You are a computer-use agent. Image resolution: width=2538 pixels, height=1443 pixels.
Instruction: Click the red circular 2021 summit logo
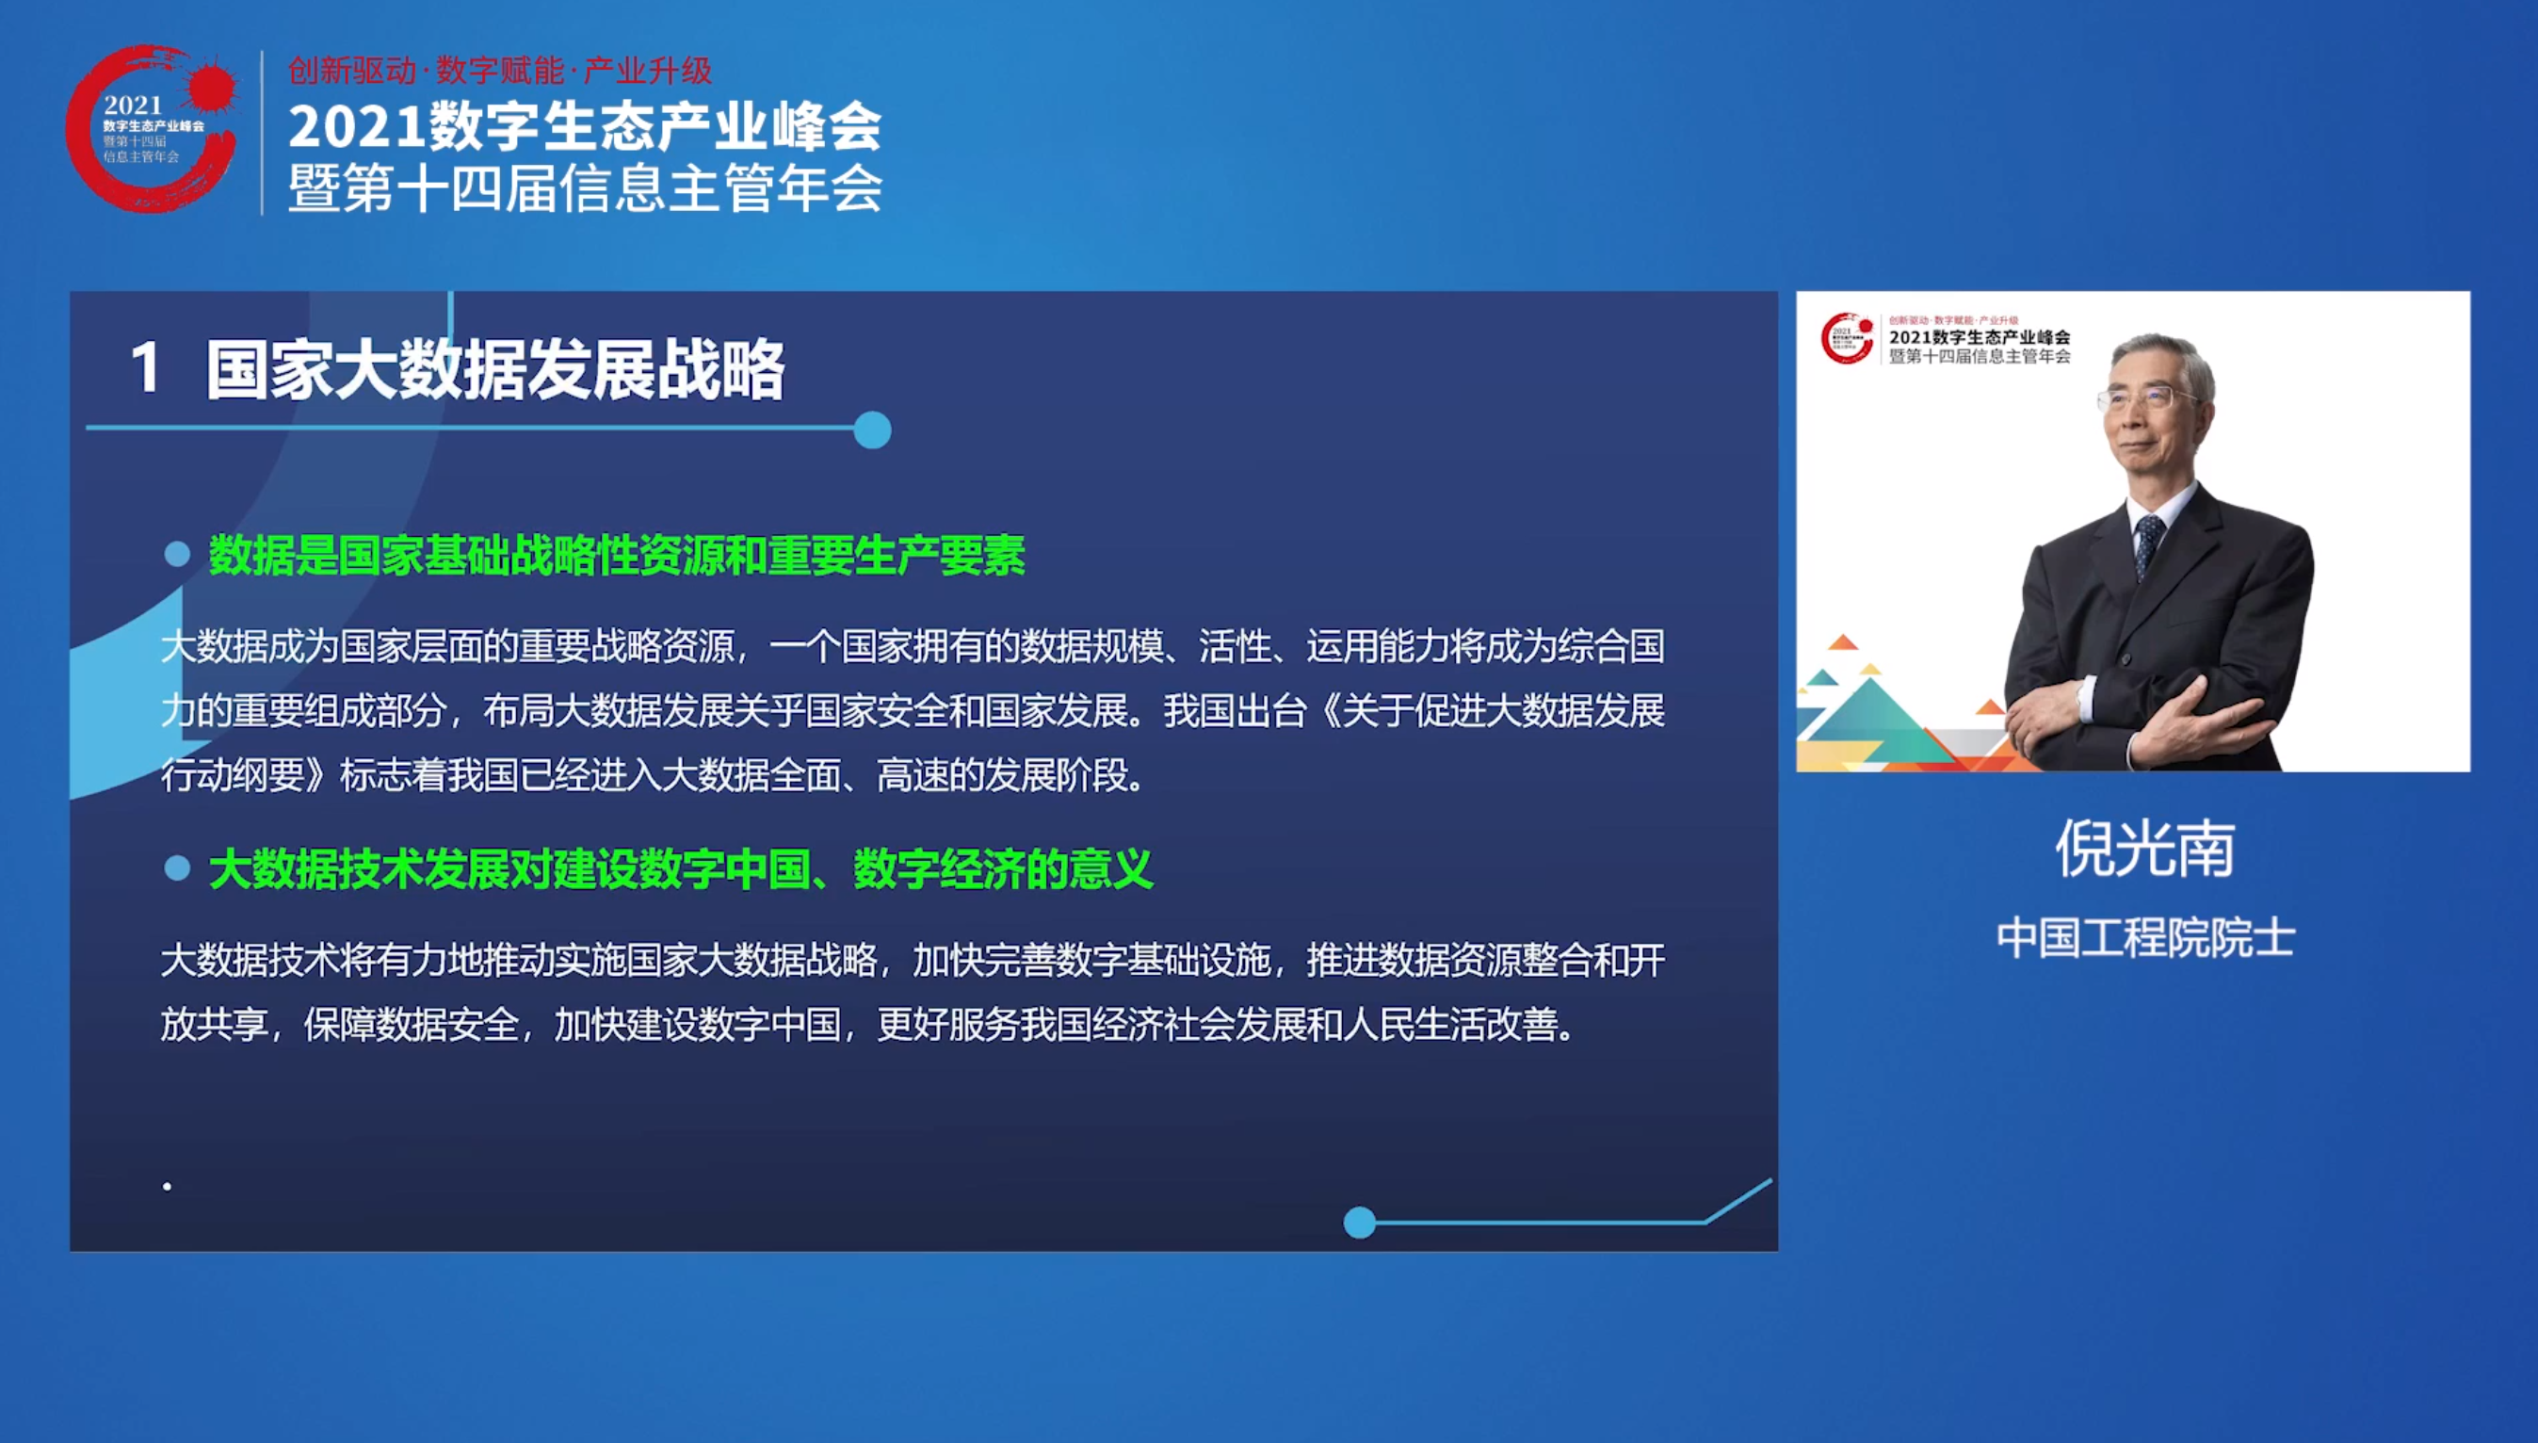coord(152,128)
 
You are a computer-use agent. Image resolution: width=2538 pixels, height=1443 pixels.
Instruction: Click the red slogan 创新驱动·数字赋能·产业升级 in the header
coord(500,71)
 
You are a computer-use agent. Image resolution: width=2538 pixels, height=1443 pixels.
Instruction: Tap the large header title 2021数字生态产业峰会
coord(585,127)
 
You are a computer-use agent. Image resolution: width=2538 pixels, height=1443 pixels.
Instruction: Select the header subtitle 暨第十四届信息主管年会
coord(585,188)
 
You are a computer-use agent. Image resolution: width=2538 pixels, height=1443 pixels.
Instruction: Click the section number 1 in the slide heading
coord(146,368)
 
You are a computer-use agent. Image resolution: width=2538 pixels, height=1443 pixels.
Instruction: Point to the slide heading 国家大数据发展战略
coord(495,369)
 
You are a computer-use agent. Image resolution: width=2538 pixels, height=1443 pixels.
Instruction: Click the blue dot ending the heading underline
coord(872,430)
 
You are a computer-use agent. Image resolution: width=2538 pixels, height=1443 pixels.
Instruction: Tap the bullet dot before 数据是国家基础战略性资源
coord(177,554)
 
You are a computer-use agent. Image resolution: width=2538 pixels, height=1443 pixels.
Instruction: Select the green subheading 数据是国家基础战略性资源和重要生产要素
coord(616,555)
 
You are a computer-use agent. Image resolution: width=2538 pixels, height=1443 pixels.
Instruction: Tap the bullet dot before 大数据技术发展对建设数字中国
coord(177,868)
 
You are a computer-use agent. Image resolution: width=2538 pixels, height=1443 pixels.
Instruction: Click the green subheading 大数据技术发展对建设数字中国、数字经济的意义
coord(681,869)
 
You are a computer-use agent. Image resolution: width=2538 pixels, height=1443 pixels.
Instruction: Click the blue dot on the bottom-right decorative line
coord(1359,1222)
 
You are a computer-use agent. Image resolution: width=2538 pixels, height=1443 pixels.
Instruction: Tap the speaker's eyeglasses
coord(2146,399)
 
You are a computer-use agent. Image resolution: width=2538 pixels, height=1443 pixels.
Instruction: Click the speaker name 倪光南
coord(2144,850)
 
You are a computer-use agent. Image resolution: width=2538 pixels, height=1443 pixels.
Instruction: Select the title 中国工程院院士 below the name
coord(2144,937)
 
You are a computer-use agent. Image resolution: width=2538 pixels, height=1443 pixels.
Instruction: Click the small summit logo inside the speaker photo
coord(1847,338)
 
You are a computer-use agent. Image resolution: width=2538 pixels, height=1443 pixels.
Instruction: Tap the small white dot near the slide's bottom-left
coord(168,1186)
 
